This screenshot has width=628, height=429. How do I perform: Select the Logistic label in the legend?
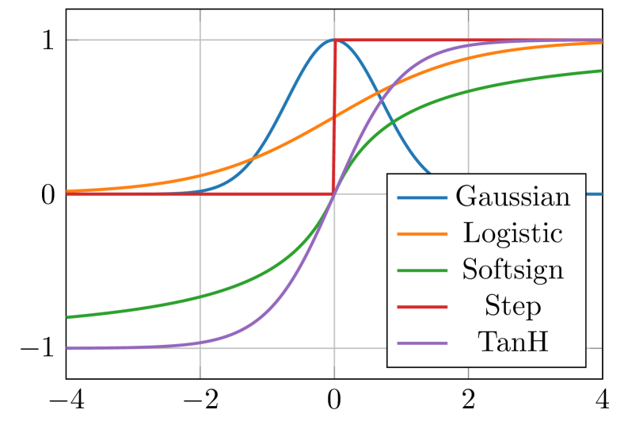tap(512, 234)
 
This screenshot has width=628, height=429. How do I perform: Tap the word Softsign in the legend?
tap(512, 270)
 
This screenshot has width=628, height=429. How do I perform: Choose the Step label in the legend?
tap(512, 307)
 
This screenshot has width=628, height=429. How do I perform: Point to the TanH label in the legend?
tap(512, 343)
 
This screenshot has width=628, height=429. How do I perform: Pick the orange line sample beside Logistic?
tap(422, 233)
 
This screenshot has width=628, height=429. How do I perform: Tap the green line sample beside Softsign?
tap(422, 270)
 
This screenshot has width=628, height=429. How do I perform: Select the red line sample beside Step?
tap(422, 306)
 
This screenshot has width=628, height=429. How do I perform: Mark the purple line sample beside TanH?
tap(422, 343)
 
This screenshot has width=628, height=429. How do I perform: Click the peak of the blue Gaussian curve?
tap(334, 40)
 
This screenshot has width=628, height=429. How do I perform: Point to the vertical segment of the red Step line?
tap(334, 119)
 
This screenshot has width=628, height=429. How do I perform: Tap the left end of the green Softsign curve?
tap(67, 317)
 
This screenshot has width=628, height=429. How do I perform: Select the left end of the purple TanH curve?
tap(67, 348)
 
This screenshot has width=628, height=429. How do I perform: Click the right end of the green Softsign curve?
tap(601, 71)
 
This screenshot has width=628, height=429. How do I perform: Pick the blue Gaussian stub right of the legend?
tap(593, 193)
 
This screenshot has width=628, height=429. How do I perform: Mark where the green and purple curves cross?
tap(334, 194)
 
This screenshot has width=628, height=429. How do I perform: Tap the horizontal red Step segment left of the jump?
tap(198, 193)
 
